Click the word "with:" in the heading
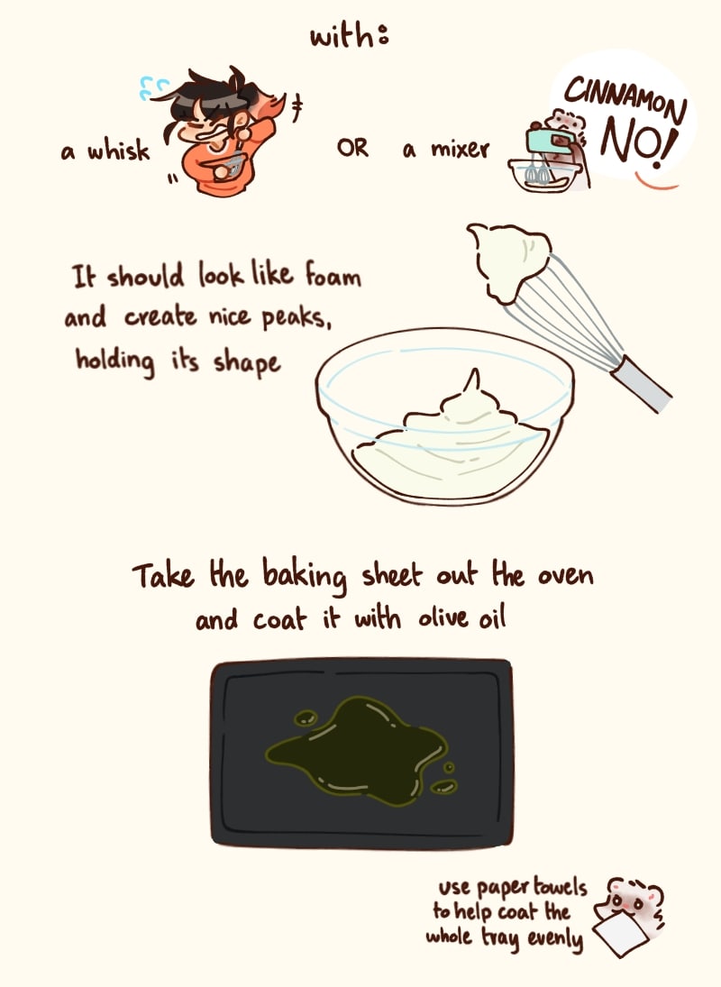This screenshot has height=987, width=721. [350, 36]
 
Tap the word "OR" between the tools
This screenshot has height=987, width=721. [352, 148]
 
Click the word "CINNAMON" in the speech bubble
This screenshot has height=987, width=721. [625, 99]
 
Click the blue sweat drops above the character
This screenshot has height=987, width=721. [153, 87]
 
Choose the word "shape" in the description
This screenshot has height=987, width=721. [246, 364]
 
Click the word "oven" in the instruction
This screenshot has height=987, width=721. [564, 575]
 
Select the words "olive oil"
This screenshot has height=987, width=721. [461, 618]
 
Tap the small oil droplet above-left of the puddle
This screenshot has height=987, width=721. [306, 717]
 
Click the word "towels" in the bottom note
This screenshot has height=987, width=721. [560, 887]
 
